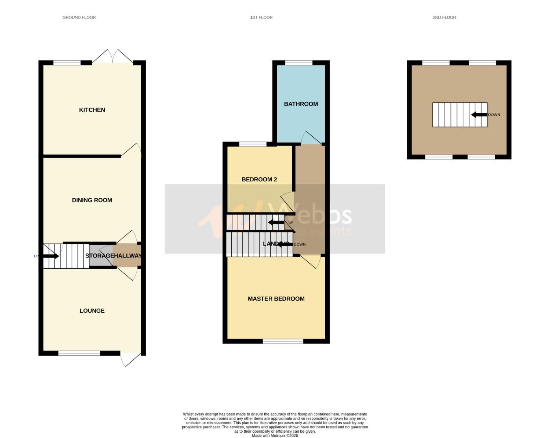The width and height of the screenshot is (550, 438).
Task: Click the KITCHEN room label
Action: point(92,110)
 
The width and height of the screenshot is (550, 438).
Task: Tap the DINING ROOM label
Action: point(92,200)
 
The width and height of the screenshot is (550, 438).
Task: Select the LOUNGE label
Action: point(92,311)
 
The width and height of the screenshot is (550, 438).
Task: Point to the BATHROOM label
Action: point(301,104)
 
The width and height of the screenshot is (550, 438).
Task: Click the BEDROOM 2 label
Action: point(259,179)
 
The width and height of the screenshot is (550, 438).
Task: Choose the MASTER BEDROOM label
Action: point(276,299)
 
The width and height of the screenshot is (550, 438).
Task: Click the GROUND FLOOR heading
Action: point(79,17)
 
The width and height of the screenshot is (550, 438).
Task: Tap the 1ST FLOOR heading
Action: point(261,17)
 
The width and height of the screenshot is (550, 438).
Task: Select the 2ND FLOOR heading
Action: point(444,17)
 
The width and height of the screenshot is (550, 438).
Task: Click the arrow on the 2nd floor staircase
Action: point(479,115)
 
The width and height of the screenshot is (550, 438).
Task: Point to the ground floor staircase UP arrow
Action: point(51,256)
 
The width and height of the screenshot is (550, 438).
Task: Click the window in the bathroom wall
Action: point(299,62)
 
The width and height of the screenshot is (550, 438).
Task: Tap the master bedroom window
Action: point(283,341)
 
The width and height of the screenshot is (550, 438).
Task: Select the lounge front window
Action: point(79,353)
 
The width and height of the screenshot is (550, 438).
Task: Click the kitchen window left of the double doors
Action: point(67,62)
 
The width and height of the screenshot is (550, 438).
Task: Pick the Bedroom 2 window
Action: point(252,144)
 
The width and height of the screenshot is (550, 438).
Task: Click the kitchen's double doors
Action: point(112,57)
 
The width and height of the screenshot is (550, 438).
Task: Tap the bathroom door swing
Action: point(311,138)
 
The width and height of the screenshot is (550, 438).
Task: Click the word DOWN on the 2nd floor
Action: point(494,115)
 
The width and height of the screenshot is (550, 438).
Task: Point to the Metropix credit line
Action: point(275,436)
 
